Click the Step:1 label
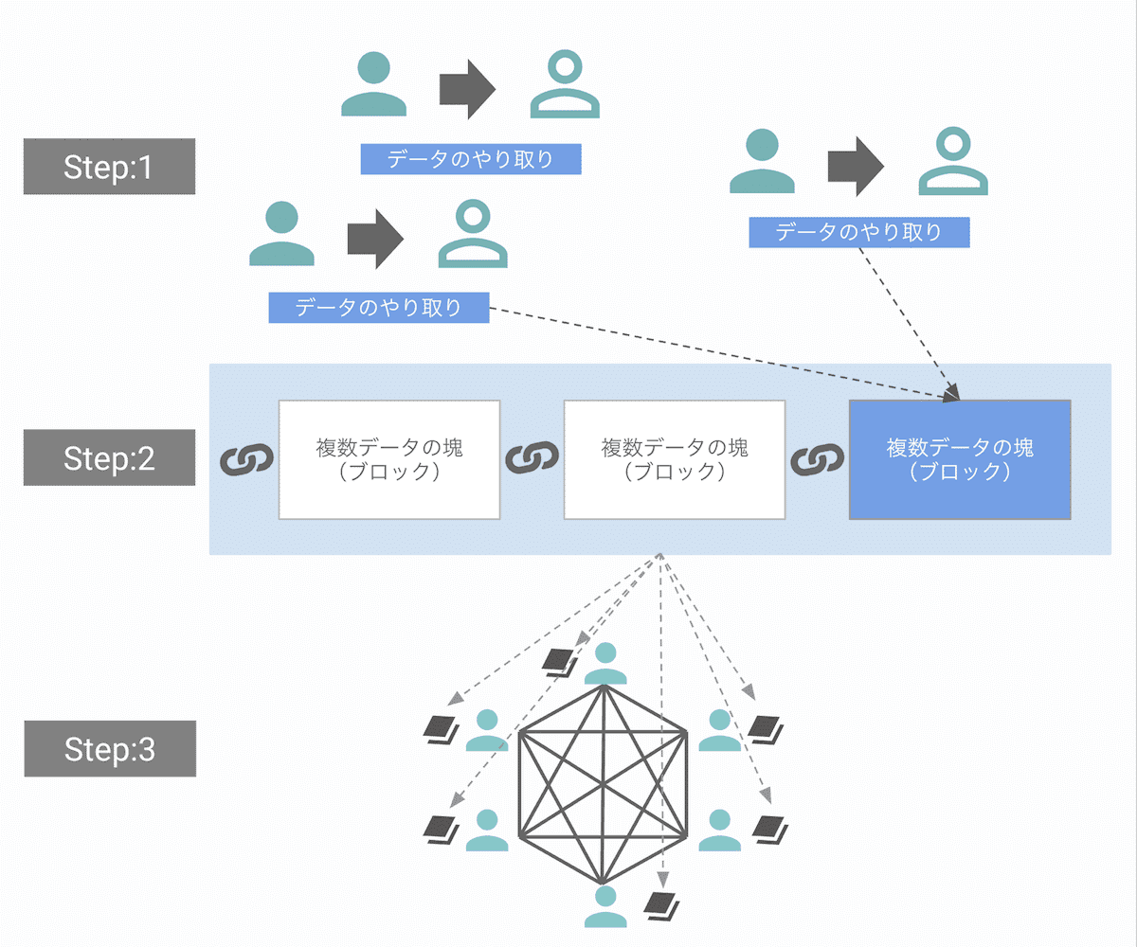pos(109,167)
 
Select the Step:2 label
pos(109,458)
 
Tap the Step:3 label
pos(109,749)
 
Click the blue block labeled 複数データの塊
pos(959,459)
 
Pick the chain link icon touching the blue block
pos(816,459)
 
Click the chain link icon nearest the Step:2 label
pos(246,459)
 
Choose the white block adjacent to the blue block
pos(674,459)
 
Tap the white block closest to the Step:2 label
pos(388,459)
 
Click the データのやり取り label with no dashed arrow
pos(470,159)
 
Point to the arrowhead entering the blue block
pos(952,393)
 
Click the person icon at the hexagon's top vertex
pos(605,664)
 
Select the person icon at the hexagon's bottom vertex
pos(605,906)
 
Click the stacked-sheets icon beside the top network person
pos(558,661)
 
